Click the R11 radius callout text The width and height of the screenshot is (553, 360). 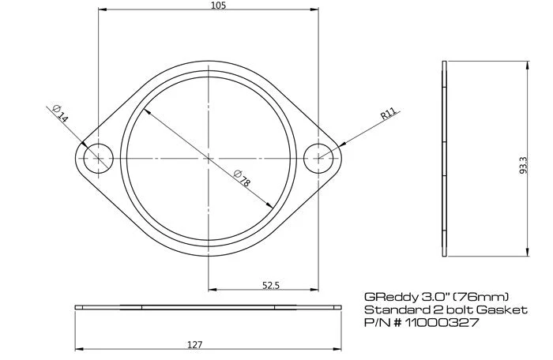388,114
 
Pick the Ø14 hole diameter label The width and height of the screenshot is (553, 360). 61,113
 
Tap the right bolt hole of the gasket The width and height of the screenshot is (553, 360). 320,158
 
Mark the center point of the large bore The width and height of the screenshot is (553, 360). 209,158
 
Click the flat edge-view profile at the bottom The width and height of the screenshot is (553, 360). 209,306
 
